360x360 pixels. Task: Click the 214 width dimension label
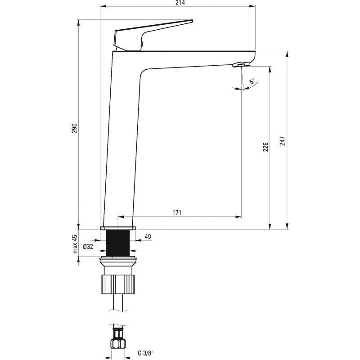click(180, 3)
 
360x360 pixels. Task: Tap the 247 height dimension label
click(283, 141)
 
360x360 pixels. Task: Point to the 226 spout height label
click(265, 147)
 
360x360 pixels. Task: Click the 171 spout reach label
click(177, 212)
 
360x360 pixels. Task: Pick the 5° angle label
click(252, 81)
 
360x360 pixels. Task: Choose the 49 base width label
click(148, 237)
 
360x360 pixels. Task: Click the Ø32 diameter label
click(88, 247)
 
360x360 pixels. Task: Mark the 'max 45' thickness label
click(75, 244)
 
